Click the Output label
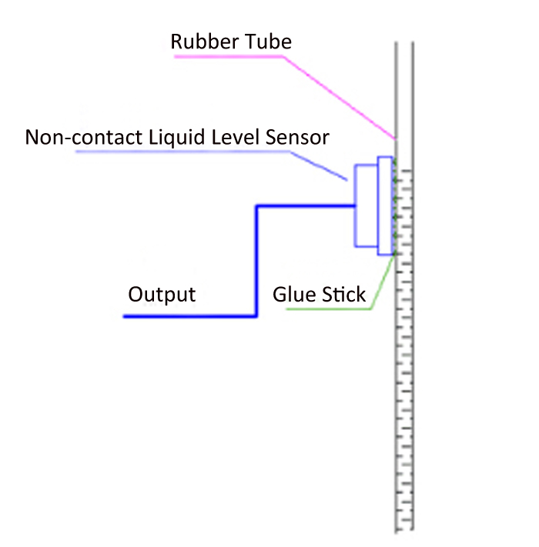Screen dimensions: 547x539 click(x=162, y=295)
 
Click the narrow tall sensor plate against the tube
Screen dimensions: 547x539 click(x=384, y=205)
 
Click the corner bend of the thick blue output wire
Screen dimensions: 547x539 click(x=256, y=206)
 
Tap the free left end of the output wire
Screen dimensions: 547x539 click(x=126, y=316)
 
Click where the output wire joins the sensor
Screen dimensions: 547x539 click(x=353, y=205)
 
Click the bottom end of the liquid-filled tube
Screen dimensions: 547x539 click(x=405, y=529)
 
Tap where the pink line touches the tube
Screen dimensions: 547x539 click(x=395, y=138)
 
